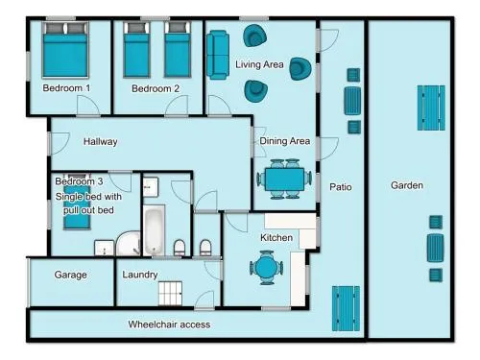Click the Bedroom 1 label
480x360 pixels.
click(x=66, y=88)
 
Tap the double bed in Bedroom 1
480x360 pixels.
click(x=65, y=50)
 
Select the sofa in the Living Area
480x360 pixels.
click(x=218, y=55)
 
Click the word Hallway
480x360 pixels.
click(x=100, y=141)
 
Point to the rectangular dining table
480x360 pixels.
click(x=284, y=180)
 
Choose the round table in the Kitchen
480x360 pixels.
click(x=266, y=268)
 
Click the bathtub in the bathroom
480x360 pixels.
click(x=154, y=230)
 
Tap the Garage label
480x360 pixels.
click(x=71, y=275)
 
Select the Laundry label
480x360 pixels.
click(x=140, y=275)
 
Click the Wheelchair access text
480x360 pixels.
click(x=169, y=324)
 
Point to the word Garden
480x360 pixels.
click(x=407, y=185)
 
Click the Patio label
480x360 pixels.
click(x=341, y=187)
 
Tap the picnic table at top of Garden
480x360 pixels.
click(x=431, y=108)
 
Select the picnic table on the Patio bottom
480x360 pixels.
click(x=346, y=309)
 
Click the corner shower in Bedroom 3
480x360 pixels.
click(x=129, y=244)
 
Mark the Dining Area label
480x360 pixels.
click(x=285, y=141)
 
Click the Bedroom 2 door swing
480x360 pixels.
click(x=177, y=105)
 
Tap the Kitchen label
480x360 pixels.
click(x=276, y=238)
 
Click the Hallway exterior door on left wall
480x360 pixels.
click(x=60, y=143)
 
